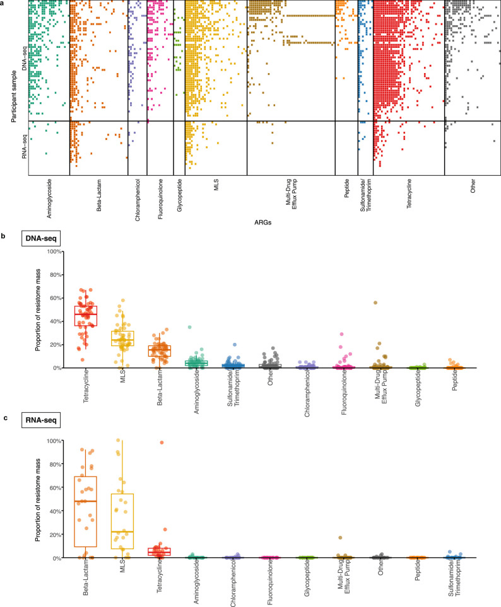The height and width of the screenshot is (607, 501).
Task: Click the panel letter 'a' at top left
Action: click(4, 4)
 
